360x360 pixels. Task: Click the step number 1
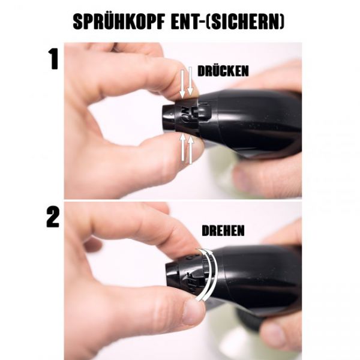(53, 58)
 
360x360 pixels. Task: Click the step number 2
(53, 218)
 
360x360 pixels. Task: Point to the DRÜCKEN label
(223, 71)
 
